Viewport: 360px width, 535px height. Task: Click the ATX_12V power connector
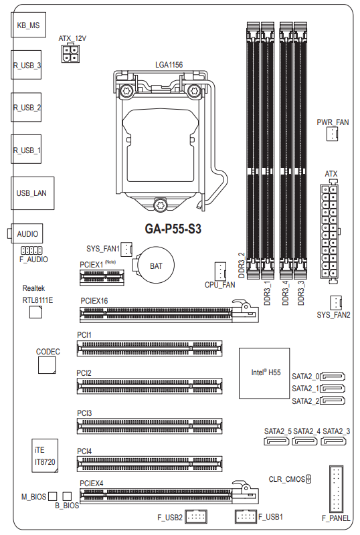click(70, 53)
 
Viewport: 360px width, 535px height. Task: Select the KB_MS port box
click(28, 25)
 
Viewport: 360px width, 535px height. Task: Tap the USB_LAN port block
click(32, 193)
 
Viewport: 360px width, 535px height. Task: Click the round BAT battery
click(155, 265)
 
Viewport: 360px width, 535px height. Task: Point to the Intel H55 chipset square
click(264, 373)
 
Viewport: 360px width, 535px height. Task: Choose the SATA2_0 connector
click(333, 377)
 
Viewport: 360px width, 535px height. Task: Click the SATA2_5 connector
click(276, 441)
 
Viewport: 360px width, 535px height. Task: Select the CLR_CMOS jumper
click(308, 479)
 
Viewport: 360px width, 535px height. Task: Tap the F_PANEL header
click(336, 489)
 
